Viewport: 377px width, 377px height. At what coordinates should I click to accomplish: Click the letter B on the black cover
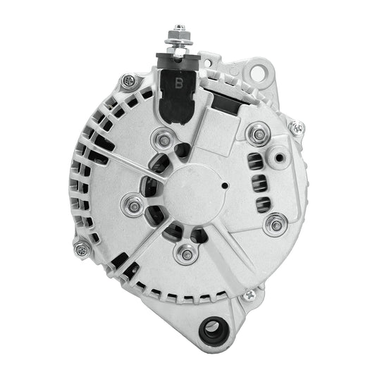pos(178,82)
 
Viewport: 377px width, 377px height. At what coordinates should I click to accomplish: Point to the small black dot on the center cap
pos(224,187)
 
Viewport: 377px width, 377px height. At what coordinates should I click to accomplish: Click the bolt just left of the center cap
pos(132,205)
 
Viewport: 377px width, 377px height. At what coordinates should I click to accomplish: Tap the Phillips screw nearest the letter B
pos(128,82)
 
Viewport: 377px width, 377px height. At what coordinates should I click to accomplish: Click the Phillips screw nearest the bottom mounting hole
pos(248,296)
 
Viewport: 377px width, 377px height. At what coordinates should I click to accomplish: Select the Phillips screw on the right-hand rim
pos(297,128)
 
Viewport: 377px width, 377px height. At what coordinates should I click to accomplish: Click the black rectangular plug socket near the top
pos(225,104)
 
